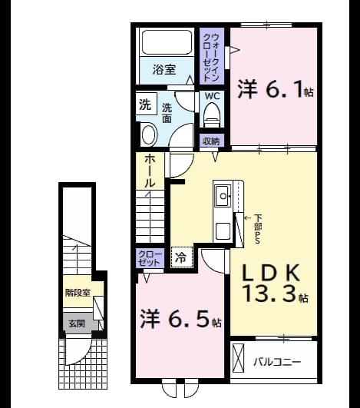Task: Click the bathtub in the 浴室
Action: tap(167, 42)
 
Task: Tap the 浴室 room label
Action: tap(164, 70)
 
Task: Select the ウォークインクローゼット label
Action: tap(211, 58)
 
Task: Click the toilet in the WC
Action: tap(211, 114)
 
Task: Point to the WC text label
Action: tap(212, 96)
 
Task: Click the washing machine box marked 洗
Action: tap(147, 104)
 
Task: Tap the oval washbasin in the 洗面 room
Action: tap(149, 134)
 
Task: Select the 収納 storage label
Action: tap(211, 141)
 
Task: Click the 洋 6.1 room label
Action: tap(276, 89)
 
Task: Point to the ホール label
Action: tap(150, 171)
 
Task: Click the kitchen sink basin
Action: tap(223, 196)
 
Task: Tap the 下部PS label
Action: tap(257, 229)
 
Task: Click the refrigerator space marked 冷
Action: tap(181, 257)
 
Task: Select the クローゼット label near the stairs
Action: tap(150, 258)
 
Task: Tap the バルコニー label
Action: tap(277, 362)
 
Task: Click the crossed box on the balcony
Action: tap(239, 358)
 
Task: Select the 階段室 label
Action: tap(78, 293)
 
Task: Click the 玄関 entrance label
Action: tap(77, 323)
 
